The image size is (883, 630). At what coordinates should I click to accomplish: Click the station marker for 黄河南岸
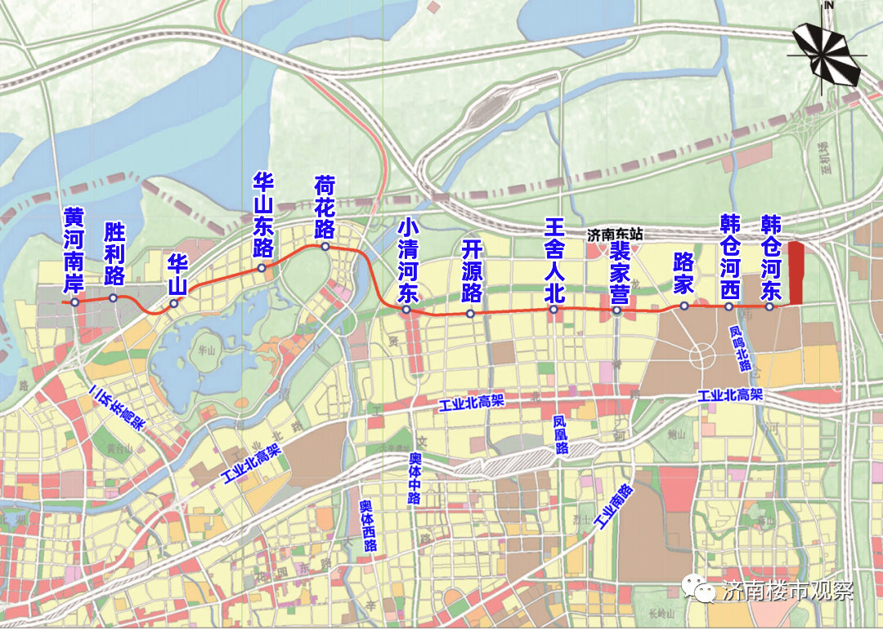pos(74,302)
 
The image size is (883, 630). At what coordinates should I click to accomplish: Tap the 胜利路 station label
pos(114,252)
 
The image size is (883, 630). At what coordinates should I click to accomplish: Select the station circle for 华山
pos(174,304)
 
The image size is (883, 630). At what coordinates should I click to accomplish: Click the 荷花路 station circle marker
pos(325,247)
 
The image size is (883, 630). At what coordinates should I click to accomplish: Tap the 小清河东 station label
pos(406,260)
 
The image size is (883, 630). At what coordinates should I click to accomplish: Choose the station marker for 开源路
pos(470,313)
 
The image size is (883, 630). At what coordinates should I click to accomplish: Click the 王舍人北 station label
pos(554,260)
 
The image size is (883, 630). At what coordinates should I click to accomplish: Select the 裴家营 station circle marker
pos(617,311)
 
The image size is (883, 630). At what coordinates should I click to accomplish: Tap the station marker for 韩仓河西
pos(728,306)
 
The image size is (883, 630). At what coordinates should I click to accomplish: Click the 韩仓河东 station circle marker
pos(769,306)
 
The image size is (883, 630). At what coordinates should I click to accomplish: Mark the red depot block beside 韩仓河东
pos(796,275)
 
